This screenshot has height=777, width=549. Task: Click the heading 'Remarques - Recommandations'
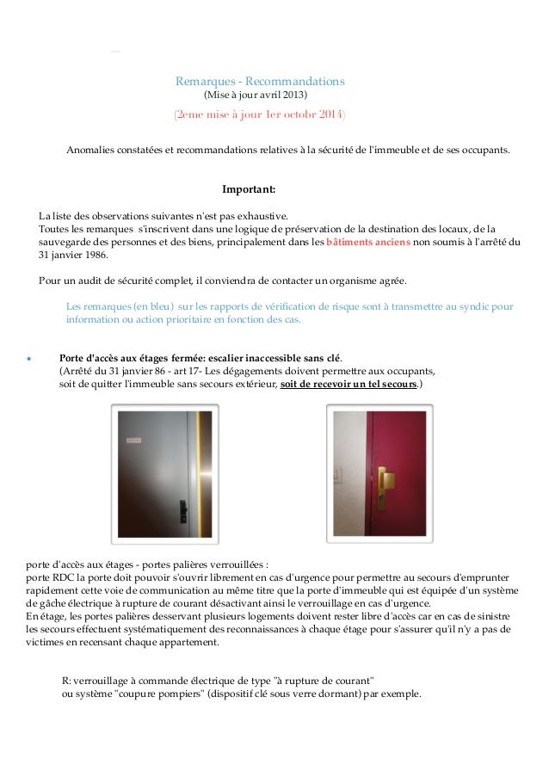(260, 82)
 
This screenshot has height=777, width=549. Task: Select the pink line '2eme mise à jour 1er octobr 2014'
(260, 114)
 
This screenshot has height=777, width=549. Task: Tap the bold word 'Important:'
(249, 189)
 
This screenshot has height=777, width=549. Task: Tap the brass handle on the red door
(387, 476)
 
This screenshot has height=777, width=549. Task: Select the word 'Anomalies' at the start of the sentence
(91, 150)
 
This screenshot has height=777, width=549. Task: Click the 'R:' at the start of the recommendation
(68, 681)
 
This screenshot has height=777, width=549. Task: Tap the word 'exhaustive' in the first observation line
(262, 216)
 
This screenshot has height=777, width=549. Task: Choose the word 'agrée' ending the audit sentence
(392, 281)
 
